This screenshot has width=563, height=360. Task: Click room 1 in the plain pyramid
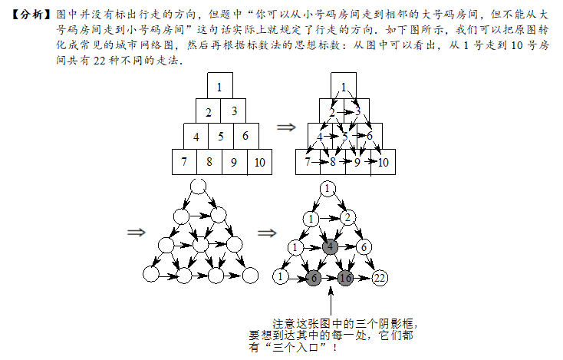[x=219, y=85]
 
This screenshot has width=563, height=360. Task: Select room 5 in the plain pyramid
[x=221, y=136]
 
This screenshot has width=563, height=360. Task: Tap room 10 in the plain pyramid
[x=259, y=162]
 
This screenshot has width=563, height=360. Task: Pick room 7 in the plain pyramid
[x=184, y=162]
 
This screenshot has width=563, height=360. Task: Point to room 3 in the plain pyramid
[x=233, y=111]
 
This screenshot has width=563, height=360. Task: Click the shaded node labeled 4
[x=330, y=247]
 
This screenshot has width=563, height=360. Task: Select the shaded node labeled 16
[x=345, y=278]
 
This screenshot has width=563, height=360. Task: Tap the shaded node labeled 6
[x=314, y=278]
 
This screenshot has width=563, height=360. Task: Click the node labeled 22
[x=380, y=278]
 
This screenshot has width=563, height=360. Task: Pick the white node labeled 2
[x=347, y=217]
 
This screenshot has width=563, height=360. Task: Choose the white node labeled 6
[x=364, y=247]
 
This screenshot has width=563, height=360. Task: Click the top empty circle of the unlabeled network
[x=198, y=187]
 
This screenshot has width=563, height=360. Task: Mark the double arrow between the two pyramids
[x=286, y=127]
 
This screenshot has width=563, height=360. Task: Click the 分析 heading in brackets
[x=31, y=15]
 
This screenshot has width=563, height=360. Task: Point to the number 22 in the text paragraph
[x=99, y=61]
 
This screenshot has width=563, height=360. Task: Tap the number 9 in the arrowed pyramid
[x=357, y=163]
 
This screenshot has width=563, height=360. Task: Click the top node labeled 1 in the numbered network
[x=327, y=189]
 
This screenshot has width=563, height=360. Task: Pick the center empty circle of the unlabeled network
[x=200, y=245]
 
